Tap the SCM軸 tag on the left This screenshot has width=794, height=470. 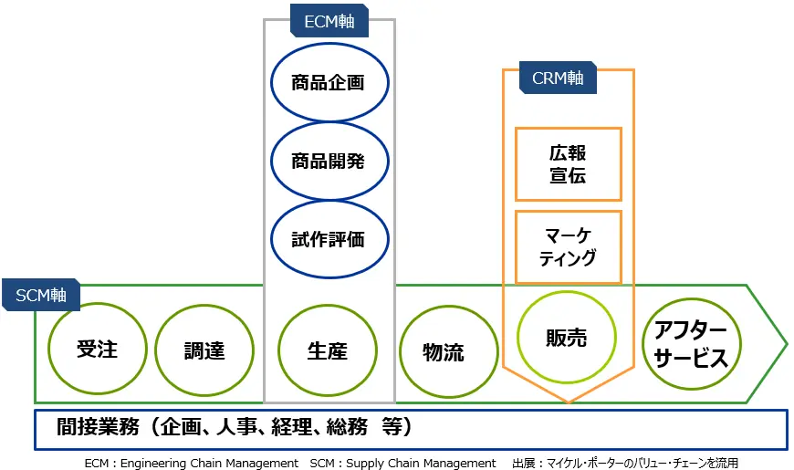click(41, 295)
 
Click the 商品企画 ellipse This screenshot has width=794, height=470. click(329, 83)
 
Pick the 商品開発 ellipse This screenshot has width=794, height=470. click(329, 162)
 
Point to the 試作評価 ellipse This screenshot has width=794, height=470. click(329, 240)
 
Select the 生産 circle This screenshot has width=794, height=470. click(327, 350)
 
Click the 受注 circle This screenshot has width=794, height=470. click(97, 349)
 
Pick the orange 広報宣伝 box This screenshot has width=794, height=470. click(569, 164)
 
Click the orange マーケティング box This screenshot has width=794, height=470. click(569, 247)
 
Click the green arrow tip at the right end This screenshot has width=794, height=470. click(781, 345)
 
